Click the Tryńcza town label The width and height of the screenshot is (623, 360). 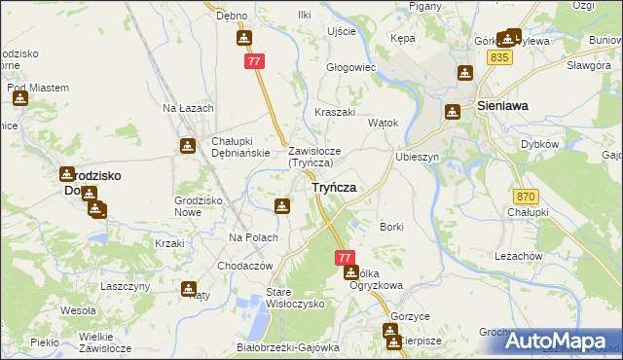(x=333, y=187)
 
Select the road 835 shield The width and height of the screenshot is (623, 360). (x=501, y=58)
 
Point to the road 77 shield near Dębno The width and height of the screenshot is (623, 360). (x=255, y=60)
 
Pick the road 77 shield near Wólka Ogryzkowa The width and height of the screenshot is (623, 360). (x=344, y=257)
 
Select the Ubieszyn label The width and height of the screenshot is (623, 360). (x=419, y=157)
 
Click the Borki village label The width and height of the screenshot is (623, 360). (x=392, y=227)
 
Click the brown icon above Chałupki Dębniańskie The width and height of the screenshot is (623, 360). (x=187, y=146)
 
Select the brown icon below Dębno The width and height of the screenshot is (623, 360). (x=243, y=38)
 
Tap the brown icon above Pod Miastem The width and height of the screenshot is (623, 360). (x=19, y=97)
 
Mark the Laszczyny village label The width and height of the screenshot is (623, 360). (x=125, y=286)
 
